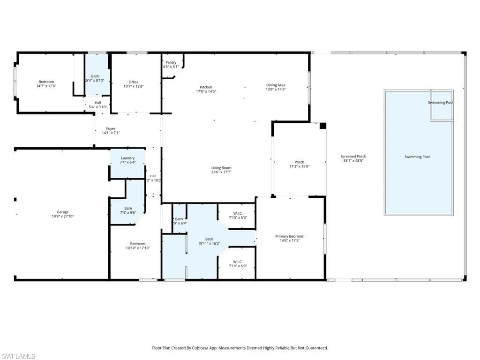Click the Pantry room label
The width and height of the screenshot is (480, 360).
171,62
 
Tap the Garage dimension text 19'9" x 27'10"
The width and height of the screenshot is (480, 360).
62,216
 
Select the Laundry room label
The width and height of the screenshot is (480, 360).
127,158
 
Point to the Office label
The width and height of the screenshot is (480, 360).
134,82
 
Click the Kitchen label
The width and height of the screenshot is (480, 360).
206,87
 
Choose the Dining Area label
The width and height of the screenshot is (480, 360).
276,85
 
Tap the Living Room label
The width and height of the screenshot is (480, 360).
221,168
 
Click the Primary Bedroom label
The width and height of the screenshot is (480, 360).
290,236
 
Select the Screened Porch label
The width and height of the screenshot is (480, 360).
353,156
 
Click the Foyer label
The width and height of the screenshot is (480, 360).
111,128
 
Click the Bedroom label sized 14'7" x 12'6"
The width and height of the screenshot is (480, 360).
46,82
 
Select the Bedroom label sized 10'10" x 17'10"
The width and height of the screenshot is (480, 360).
138,244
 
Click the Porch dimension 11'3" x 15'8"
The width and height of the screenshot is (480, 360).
299,166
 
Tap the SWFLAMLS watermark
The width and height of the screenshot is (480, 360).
18,356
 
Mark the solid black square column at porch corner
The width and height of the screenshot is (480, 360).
322,126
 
